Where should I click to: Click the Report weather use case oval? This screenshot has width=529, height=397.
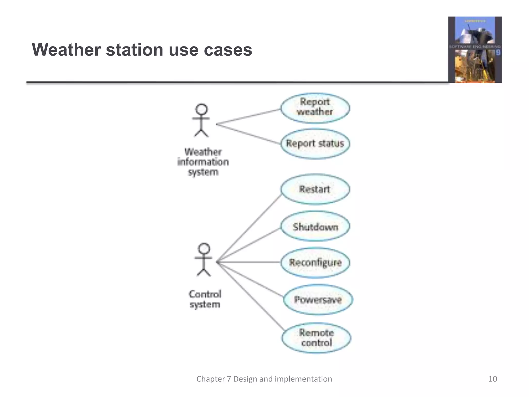[x=315, y=108]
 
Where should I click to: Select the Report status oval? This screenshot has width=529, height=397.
[x=315, y=144]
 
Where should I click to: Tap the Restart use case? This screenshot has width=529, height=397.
[x=315, y=189]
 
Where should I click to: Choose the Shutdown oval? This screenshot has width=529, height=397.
[x=315, y=226]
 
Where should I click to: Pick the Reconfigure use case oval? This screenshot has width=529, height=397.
[x=315, y=263]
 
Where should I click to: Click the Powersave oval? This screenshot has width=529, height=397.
[x=318, y=300]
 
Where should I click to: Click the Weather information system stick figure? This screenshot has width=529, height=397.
[x=201, y=120]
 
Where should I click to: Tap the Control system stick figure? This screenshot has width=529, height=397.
[x=204, y=259]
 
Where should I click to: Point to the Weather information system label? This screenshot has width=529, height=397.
[x=203, y=162]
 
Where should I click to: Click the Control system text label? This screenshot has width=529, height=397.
[x=205, y=299]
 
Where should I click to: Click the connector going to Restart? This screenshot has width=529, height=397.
[x=249, y=228]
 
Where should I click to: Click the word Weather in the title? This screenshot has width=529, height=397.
[x=66, y=50]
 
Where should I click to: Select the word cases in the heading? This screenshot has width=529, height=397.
[x=228, y=50]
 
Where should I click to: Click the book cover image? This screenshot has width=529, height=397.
[x=475, y=50]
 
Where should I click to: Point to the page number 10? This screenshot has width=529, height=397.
[x=493, y=379]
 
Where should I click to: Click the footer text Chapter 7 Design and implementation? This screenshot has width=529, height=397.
[x=264, y=379]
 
